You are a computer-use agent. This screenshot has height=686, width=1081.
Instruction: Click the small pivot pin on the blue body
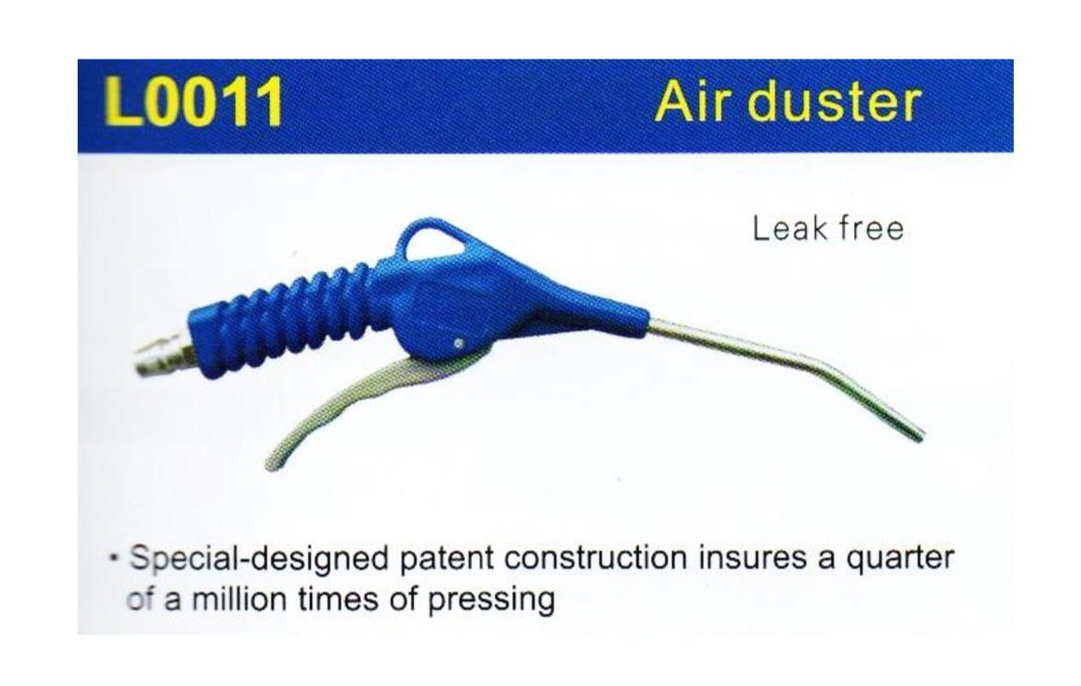(x=456, y=344)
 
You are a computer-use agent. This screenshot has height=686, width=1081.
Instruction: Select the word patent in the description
(x=445, y=560)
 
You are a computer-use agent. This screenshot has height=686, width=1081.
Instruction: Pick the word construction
(x=594, y=558)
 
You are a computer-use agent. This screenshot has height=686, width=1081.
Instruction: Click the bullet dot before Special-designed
(x=113, y=558)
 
